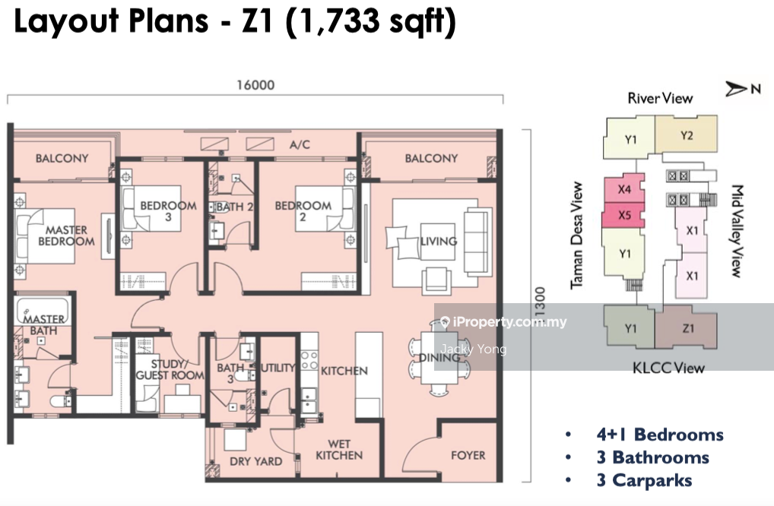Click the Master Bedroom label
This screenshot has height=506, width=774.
coord(66,236)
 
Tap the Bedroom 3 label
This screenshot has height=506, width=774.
coord(168,210)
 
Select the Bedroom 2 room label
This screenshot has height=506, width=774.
coord(303,210)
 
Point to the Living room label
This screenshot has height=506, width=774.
coord(439,241)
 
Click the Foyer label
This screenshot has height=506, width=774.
coord(468,455)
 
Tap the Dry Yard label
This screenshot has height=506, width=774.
coord(255,461)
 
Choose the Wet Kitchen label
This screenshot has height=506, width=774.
coord(339,450)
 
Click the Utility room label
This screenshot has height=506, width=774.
coord(278,368)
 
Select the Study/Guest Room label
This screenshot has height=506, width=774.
coord(170,370)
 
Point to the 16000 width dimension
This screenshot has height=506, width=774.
coord(255,85)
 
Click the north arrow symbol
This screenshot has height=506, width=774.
coord(736,89)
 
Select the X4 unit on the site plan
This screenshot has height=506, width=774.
coord(624,188)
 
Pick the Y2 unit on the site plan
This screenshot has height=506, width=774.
coord(686,134)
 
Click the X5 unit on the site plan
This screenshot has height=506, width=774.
coord(623,215)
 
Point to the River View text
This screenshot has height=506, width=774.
coord(660,98)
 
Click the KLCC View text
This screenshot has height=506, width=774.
coord(668,368)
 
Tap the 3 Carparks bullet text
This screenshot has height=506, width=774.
coord(644,480)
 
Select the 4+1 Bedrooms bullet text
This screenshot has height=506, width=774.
coord(660,435)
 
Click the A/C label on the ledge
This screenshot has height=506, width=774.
coord(300,144)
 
